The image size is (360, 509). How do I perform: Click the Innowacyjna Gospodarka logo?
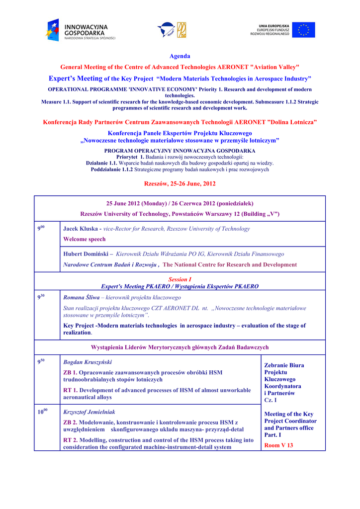point(80,30)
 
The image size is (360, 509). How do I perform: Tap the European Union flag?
point(303,30)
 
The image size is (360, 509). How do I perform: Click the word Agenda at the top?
point(180,56)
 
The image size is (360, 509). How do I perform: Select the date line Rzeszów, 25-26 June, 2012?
point(180,183)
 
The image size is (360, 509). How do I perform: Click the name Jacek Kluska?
point(81,229)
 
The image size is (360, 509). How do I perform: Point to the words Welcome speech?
point(85,239)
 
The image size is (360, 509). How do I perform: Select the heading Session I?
point(180,280)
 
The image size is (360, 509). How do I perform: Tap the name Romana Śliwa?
point(82,297)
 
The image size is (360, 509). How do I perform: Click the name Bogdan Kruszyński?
point(88,362)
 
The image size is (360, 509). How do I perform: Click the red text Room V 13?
point(278,445)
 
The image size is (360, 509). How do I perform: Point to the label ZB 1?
point(70,372)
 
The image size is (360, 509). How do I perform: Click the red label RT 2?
point(70,440)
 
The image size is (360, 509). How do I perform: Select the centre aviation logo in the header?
point(172,30)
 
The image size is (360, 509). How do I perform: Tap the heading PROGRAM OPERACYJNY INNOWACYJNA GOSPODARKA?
point(180,151)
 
